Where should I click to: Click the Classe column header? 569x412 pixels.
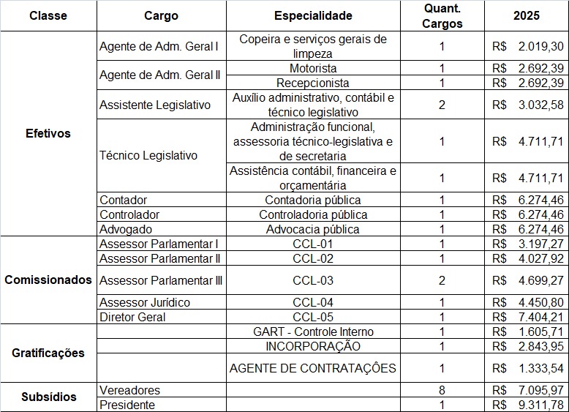point(48,15)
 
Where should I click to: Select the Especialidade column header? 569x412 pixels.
point(313,15)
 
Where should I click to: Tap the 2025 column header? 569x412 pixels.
point(527,15)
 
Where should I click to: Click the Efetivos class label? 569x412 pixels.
point(48,134)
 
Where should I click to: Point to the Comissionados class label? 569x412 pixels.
point(48,280)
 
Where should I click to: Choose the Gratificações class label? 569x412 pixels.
point(48,353)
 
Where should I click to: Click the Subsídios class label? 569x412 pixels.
point(48,397)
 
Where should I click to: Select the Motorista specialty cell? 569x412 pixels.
point(313,68)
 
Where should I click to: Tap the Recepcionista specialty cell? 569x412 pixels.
point(313,83)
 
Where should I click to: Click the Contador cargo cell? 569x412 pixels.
point(124,200)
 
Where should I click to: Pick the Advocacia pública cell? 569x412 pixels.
point(313,229)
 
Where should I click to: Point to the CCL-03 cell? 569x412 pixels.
point(313,280)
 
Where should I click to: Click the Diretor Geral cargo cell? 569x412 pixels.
point(132,317)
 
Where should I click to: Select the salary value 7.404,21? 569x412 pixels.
point(539,317)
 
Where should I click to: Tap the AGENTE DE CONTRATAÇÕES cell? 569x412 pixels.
point(313,367)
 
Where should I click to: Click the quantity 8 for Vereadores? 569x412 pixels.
point(442,390)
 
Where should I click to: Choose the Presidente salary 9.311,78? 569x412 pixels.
point(539,405)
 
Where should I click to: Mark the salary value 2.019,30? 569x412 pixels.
point(539,46)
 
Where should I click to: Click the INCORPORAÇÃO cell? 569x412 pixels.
point(313,345)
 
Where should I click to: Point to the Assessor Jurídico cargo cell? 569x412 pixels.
point(145,302)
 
